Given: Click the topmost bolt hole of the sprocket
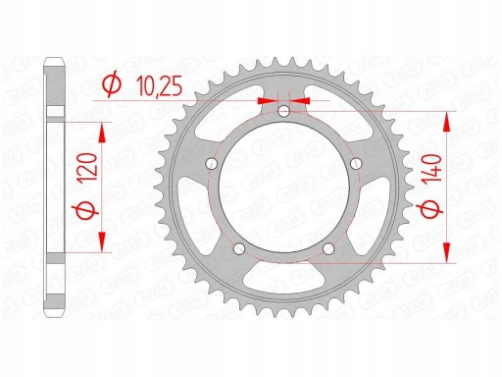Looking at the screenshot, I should pos(283,111).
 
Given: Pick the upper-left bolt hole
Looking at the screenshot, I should pos(211,163).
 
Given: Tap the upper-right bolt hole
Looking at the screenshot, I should pos(356,163).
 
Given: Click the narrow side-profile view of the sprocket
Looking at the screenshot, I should pos(51,187).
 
